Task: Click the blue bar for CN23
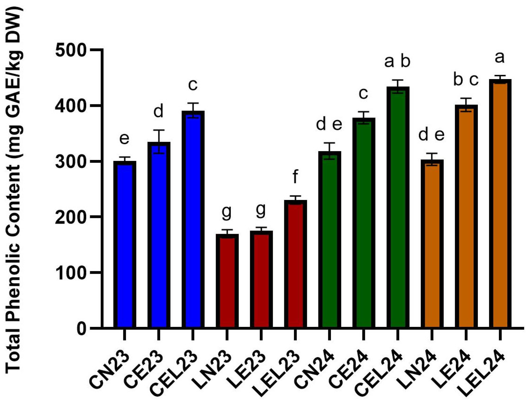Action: click(x=125, y=244)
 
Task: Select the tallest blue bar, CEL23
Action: click(x=193, y=220)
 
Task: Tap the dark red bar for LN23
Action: click(x=227, y=281)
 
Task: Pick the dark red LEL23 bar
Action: click(x=295, y=264)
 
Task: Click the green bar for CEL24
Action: click(x=398, y=208)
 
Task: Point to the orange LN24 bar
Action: click(x=432, y=244)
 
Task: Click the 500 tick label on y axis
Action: click(x=71, y=49)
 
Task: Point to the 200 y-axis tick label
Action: click(x=71, y=217)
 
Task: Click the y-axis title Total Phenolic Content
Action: click(x=14, y=189)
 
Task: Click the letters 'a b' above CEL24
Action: click(x=397, y=62)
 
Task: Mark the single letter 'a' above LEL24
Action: click(x=500, y=57)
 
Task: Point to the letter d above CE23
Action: click(x=158, y=111)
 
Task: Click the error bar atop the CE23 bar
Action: click(x=159, y=142)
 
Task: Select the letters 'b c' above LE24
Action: click(x=465, y=80)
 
